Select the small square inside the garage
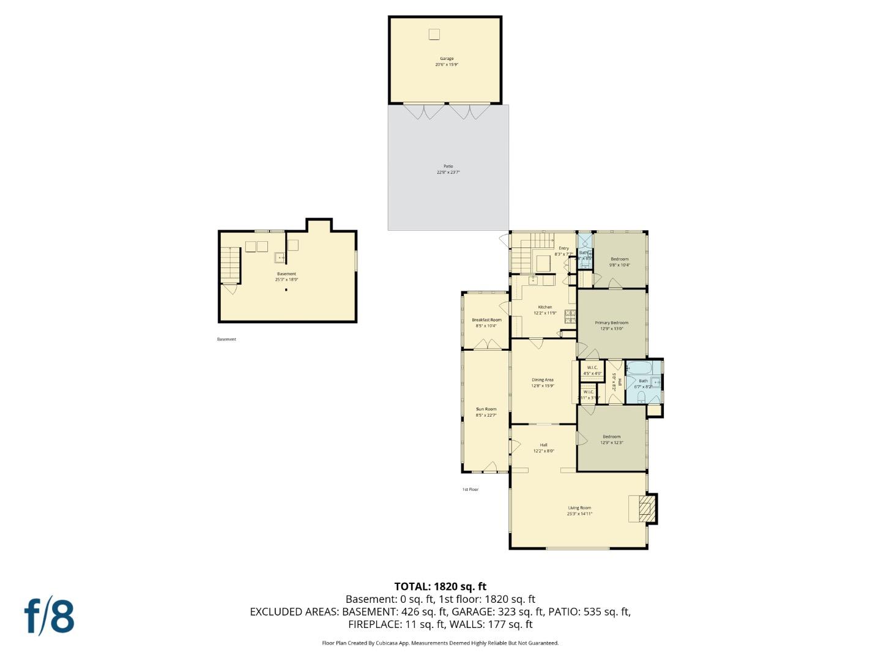pyautogui.click(x=434, y=34)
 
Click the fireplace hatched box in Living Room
pyautogui.click(x=645, y=509)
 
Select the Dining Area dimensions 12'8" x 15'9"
pyautogui.click(x=542, y=386)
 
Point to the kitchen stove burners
pyautogui.click(x=570, y=316)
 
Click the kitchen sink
pyautogui.click(x=533, y=280)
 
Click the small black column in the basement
pyautogui.click(x=286, y=290)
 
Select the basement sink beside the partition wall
pyautogui.click(x=280, y=258)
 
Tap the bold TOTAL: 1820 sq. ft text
pyautogui.click(x=440, y=586)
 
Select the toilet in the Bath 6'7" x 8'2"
pyautogui.click(x=641, y=397)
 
